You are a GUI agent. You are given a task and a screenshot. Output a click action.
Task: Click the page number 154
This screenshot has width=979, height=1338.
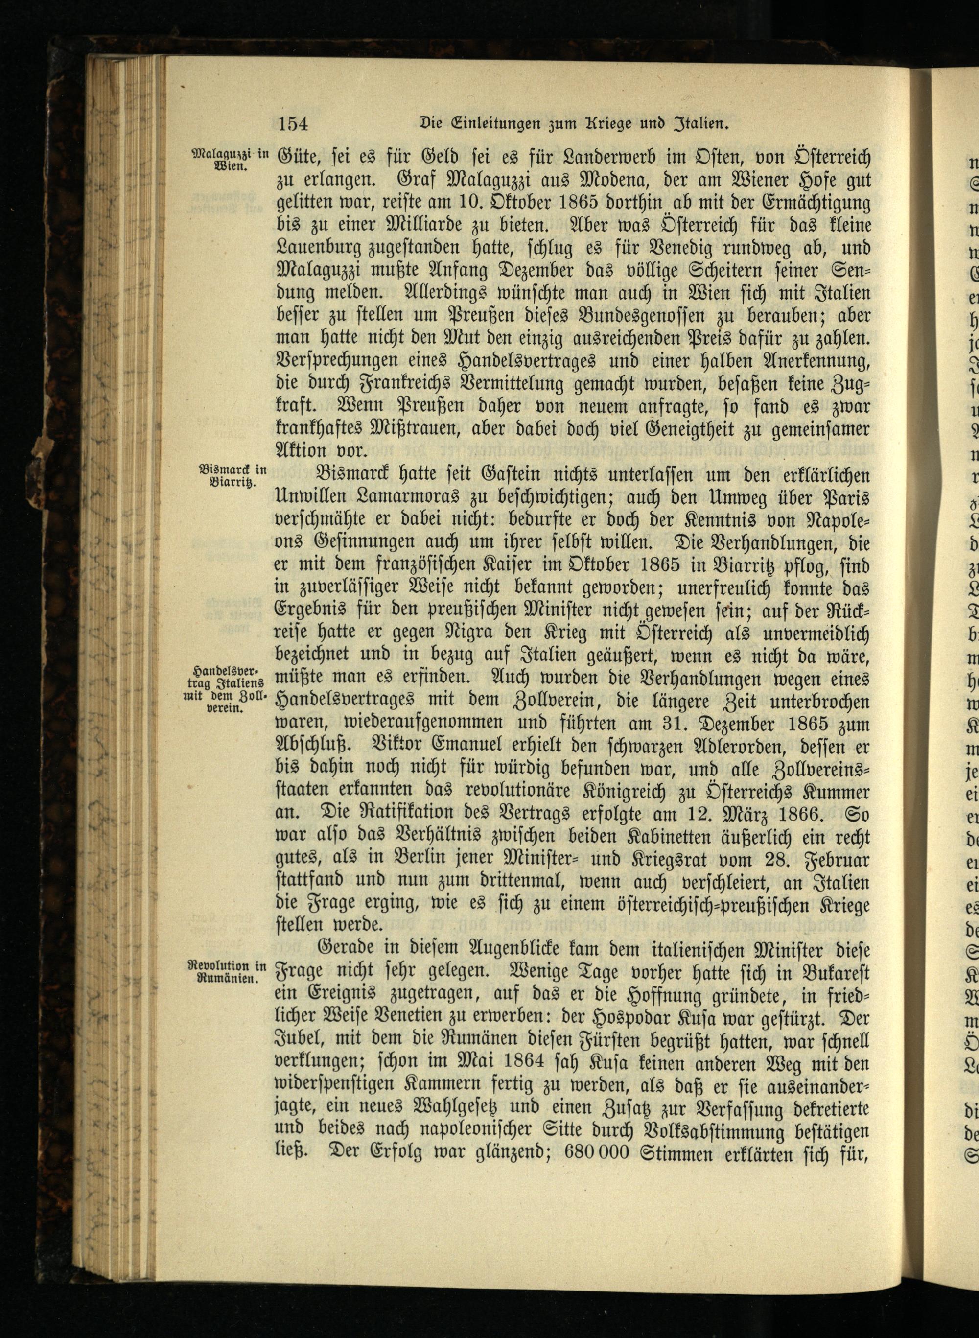(x=293, y=124)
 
